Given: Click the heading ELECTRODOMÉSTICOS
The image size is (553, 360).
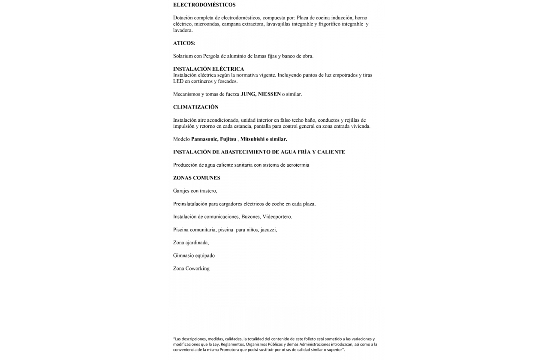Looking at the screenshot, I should coord(204,5).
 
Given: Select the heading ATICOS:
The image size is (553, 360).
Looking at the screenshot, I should coord(184,43).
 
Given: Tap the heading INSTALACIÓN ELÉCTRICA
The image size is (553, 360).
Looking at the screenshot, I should coord(208,69).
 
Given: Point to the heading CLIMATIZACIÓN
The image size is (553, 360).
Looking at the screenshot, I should coord(195,107).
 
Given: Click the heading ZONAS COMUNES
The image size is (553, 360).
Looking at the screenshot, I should coord(196,178).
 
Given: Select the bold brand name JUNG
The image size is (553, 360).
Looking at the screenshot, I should coord(247,94).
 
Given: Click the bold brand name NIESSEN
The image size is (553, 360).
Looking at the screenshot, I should coord(269,94).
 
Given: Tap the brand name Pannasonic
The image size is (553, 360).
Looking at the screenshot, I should coord(204,139).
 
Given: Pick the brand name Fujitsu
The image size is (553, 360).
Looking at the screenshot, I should coord(228,139).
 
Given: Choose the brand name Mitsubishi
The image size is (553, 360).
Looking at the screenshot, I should coord(252,139).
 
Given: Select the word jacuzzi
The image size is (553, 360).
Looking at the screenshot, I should coord(268,230).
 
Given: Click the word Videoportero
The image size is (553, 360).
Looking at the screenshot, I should coord(277,217).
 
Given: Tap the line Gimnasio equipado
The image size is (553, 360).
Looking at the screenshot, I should coord(194,256).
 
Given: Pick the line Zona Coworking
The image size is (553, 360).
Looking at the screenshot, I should coord(191,269).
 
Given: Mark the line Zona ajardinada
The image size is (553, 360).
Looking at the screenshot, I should coord(191,243).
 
